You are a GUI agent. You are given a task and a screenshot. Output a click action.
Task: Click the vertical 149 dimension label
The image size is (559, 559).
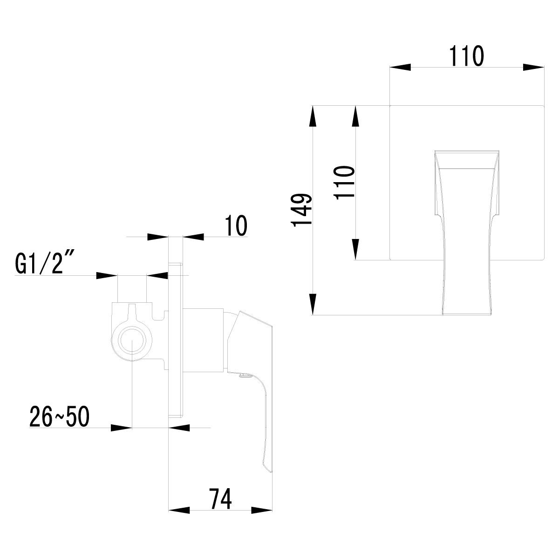tap(301, 210)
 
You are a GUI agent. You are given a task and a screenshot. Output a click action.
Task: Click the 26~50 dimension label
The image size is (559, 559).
tap(59, 417)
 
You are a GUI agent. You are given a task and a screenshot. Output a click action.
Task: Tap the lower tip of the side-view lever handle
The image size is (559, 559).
tap(269, 470)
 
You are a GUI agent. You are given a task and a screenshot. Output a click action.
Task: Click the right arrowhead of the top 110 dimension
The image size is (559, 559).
tap(533, 67)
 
